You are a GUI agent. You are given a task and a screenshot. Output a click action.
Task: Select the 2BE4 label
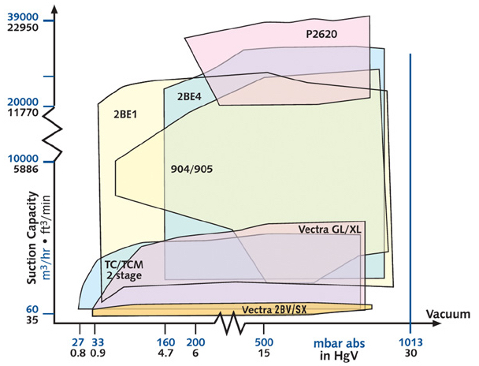click(x=191, y=96)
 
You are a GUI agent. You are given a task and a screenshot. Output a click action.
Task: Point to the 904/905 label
click(x=192, y=169)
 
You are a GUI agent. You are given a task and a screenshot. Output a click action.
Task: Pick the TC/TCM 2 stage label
click(x=123, y=270)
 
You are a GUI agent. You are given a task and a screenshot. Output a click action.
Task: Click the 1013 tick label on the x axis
click(x=410, y=343)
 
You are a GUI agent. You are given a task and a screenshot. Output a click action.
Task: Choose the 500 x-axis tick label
click(x=264, y=343)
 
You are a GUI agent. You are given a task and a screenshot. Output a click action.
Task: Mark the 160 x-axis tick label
click(x=165, y=343)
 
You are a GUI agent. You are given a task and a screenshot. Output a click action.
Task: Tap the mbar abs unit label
click(x=336, y=344)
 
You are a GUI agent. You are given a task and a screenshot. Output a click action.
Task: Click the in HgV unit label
click(x=337, y=355)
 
